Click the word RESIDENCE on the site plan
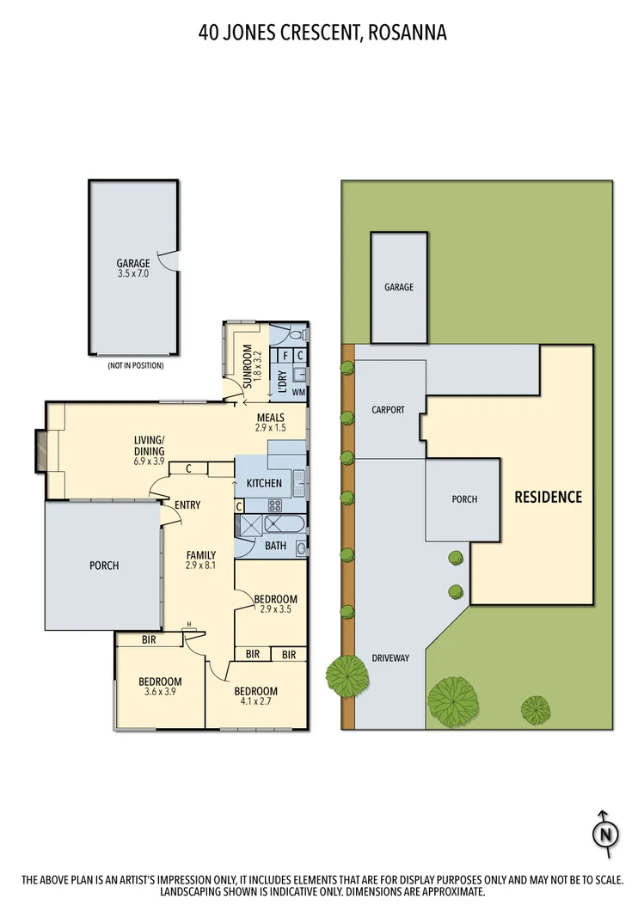click(548, 497)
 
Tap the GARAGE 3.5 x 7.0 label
click(133, 268)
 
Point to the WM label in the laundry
click(298, 392)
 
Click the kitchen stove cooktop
click(275, 505)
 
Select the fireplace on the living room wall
click(40, 450)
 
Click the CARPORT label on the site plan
click(388, 410)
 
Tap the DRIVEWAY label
click(390, 658)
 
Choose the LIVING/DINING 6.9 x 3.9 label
click(149, 450)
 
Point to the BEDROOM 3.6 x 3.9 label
click(160, 687)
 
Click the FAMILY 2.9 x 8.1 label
click(201, 560)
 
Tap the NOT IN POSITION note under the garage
click(135, 366)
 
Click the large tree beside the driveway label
click(347, 676)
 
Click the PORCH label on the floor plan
click(103, 566)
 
